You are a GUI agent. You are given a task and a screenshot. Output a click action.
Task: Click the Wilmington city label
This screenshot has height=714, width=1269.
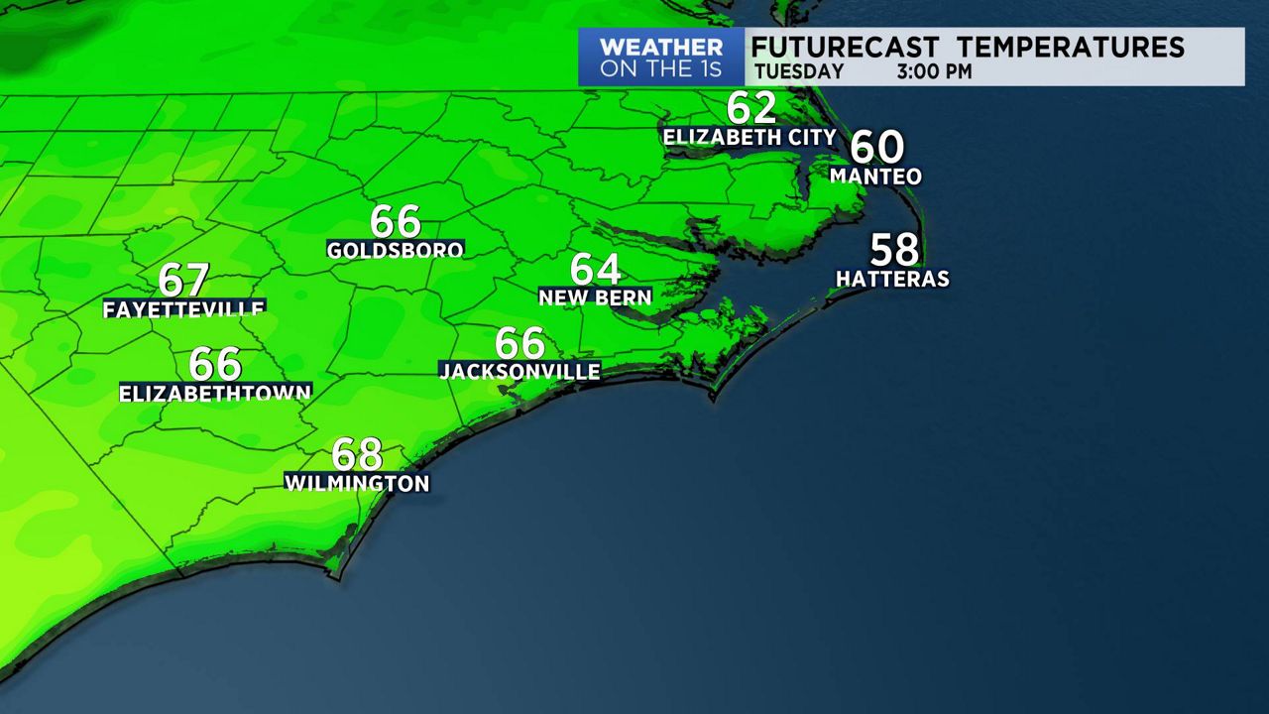pos(357,484)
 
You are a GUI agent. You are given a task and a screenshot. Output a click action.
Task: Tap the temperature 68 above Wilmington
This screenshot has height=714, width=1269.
pos(357,455)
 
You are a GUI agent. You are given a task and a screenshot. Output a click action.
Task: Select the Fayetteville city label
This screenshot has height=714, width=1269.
pos(183,309)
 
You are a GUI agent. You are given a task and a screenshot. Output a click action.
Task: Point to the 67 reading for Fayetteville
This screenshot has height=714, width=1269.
pos(183,281)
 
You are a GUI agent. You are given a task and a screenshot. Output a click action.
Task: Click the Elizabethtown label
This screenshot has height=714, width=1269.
pos(215,394)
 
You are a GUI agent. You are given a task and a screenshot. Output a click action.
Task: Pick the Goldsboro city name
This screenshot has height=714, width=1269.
pos(396,250)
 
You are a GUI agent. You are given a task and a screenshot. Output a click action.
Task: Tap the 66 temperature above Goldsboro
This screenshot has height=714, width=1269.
pos(396,221)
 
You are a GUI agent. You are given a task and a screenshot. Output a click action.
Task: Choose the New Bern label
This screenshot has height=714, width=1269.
pos(595,297)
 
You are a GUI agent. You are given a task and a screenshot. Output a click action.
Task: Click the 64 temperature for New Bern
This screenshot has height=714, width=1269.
pos(595,269)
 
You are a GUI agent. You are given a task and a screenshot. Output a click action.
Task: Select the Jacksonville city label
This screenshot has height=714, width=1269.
pos(519,371)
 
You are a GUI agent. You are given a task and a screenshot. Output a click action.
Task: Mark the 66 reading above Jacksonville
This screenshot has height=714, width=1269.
pos(519,343)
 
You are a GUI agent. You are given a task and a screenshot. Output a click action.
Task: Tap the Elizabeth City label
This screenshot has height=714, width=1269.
pos(750,138)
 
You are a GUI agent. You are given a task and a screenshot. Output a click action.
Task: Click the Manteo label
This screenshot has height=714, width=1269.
pos(875,177)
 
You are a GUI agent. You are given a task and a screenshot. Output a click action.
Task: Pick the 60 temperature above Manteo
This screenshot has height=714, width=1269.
pos(877,147)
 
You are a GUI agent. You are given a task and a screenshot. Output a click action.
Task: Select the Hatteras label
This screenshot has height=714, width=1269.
pos(892,280)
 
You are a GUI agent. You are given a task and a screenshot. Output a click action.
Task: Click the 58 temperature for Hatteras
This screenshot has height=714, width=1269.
pos(894,250)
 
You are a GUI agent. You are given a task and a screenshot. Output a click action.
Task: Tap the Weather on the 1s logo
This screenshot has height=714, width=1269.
pos(661,58)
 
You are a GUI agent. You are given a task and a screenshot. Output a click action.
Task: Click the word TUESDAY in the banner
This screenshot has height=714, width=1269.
pos(799,72)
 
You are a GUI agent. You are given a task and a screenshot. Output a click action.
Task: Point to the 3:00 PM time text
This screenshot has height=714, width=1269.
pos(934,72)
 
